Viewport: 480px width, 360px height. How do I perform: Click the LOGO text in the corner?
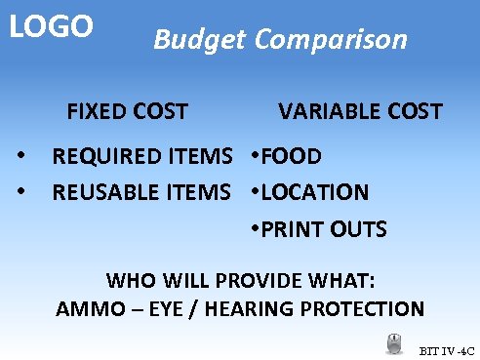coord(51,26)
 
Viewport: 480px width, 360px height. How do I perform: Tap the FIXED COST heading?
coord(127,111)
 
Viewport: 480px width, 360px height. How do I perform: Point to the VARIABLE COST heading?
coord(360,111)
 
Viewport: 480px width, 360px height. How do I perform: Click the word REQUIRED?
coord(105,156)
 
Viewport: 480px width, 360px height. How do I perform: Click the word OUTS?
coord(361,230)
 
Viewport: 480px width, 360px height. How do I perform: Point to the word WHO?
coord(128,281)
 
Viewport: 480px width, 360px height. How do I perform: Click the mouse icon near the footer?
coord(395,344)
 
